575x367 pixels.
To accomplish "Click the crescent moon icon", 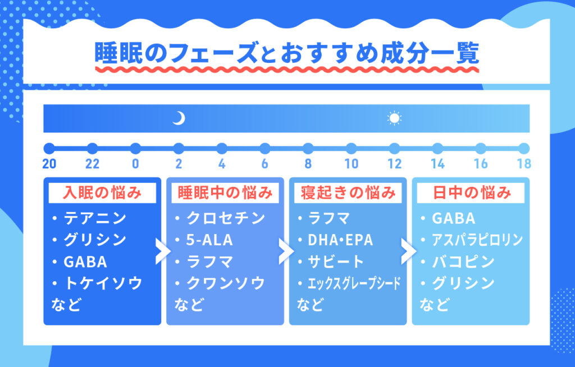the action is pyautogui.click(x=179, y=118).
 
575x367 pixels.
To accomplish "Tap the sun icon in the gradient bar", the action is pyautogui.click(x=394, y=118).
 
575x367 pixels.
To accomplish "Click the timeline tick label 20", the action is pyautogui.click(x=49, y=164).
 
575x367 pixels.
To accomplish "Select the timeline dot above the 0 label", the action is pyautogui.click(x=135, y=149).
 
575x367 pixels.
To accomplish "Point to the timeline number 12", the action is pyautogui.click(x=395, y=164).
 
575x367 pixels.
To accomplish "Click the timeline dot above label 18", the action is pyautogui.click(x=524, y=149).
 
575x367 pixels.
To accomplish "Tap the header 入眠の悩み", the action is pyautogui.click(x=102, y=193).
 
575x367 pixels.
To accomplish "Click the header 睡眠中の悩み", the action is pyautogui.click(x=225, y=193).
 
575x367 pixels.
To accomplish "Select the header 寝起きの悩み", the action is pyautogui.click(x=348, y=193).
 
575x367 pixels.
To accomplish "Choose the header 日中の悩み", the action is pyautogui.click(x=472, y=193).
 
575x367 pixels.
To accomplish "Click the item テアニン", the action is pyautogui.click(x=95, y=218).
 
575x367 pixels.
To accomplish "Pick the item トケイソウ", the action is pyautogui.click(x=103, y=283).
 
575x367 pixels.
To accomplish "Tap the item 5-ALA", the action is pyautogui.click(x=209, y=240).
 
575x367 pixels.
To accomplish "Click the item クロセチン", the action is pyautogui.click(x=226, y=218).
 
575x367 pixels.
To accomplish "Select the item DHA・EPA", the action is pyautogui.click(x=340, y=240).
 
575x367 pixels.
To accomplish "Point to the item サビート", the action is pyautogui.click(x=336, y=262).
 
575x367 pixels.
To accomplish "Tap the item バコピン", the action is pyautogui.click(x=463, y=262).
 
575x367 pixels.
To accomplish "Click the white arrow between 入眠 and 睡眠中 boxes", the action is pyautogui.click(x=163, y=251).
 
